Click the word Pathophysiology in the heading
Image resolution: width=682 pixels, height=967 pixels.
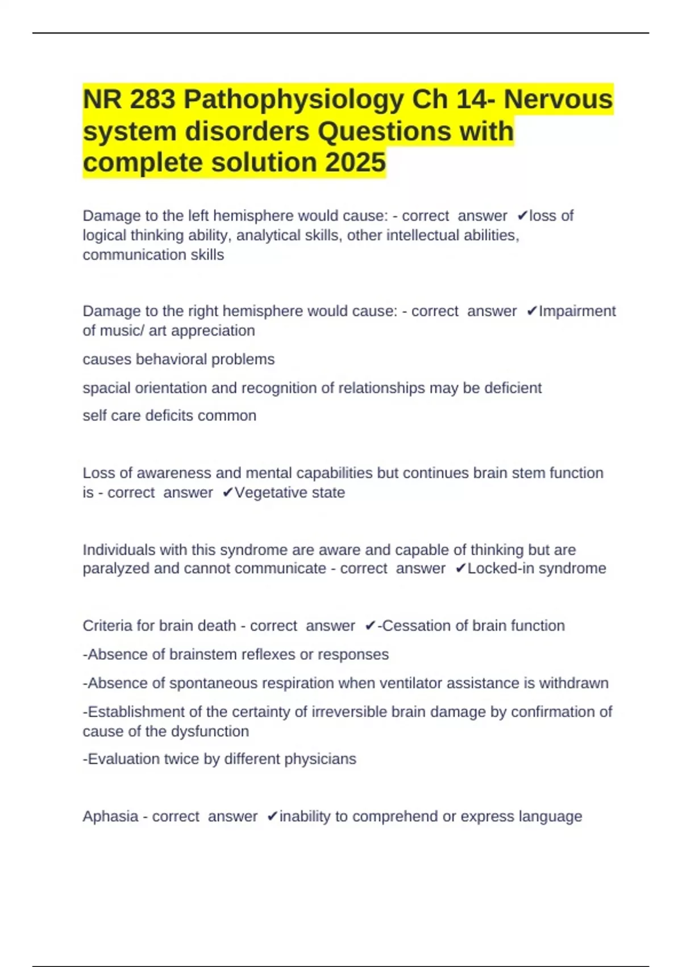coord(294,100)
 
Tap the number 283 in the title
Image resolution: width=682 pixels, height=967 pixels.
coord(152,100)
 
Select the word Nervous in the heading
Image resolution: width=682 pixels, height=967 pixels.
coord(558,100)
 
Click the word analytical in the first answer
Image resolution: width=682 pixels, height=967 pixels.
coord(265,235)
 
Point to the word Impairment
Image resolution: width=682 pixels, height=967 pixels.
coord(577,311)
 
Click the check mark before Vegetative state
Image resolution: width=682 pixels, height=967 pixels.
coord(227,493)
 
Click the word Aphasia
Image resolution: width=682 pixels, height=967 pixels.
coord(110,817)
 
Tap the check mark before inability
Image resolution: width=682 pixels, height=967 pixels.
coord(272,817)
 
